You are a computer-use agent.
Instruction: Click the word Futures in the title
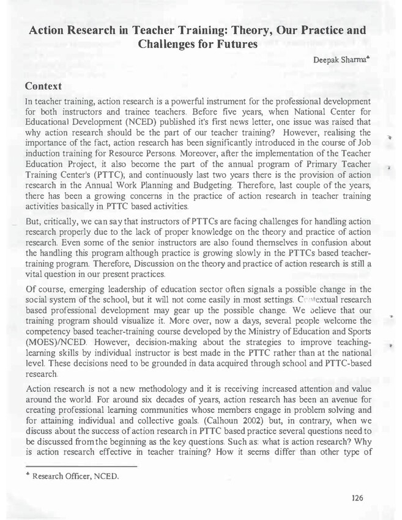[233, 44]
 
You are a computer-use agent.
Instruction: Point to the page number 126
[358, 498]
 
